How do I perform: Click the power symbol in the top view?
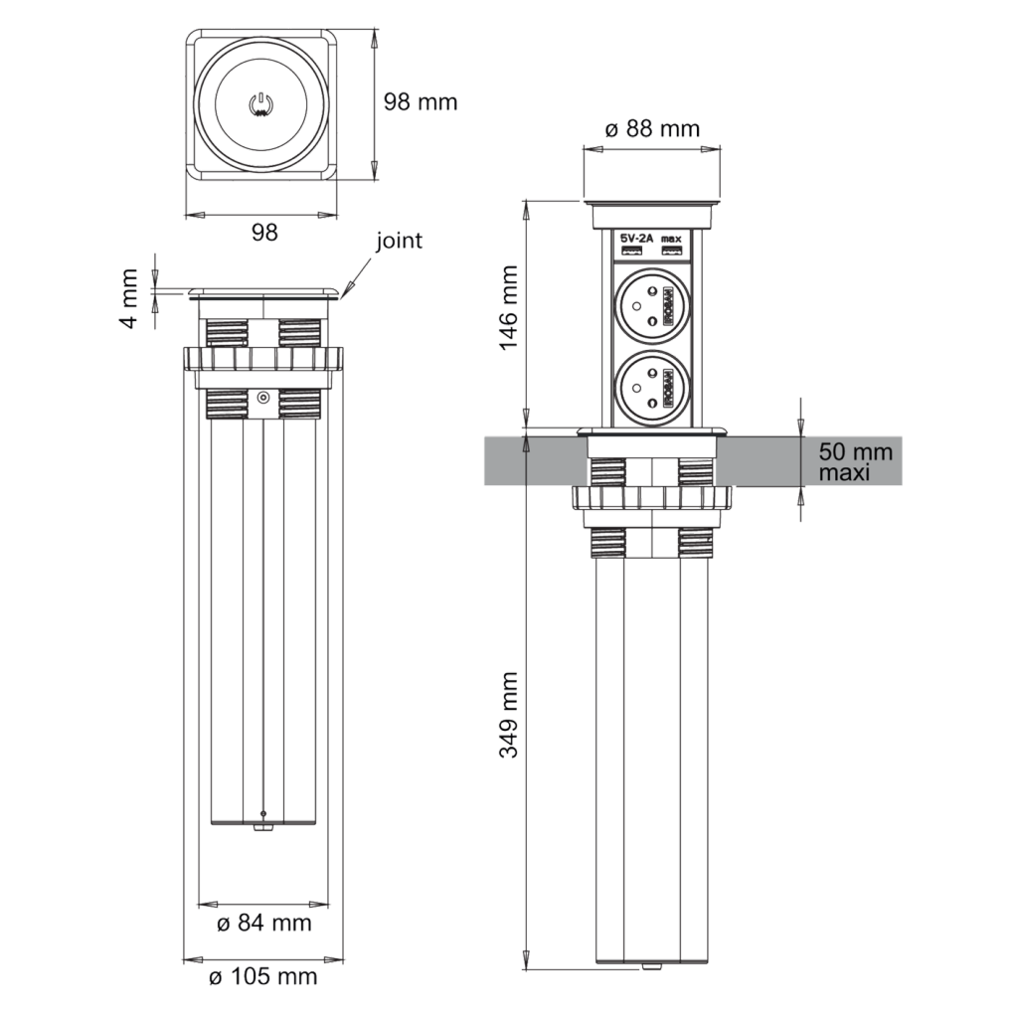[260, 103]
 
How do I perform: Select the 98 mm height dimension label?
[421, 102]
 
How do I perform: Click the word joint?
[399, 241]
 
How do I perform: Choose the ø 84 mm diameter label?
[264, 925]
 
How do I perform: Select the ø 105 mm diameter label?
[262, 977]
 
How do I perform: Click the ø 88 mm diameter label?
[652, 128]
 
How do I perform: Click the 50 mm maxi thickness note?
[856, 462]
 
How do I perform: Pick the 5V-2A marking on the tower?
[635, 239]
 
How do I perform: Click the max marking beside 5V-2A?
[671, 239]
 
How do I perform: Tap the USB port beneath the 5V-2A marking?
[634, 254]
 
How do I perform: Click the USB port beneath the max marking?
[671, 254]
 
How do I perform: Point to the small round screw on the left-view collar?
[262, 398]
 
